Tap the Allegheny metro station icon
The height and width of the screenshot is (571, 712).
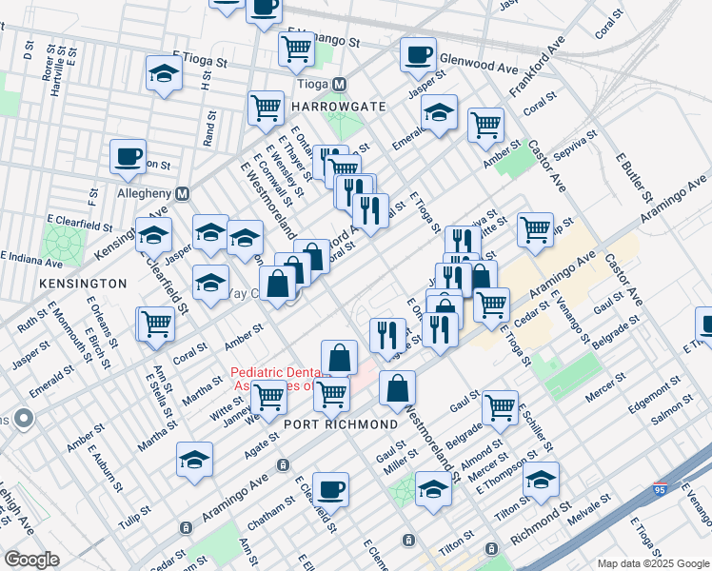coord(184,193)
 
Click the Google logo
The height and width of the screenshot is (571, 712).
coord(32,559)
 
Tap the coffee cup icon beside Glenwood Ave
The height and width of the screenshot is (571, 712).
coord(417,56)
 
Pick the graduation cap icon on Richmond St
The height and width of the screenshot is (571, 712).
coord(541,481)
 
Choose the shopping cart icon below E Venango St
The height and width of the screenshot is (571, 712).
coord(297,49)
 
